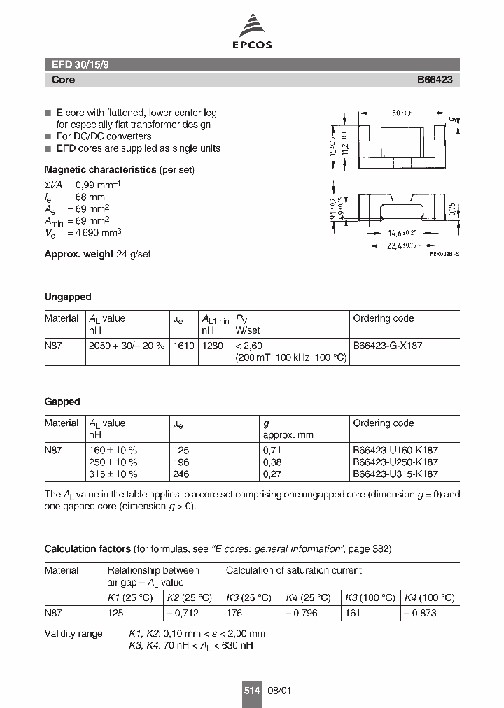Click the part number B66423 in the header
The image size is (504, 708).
435,80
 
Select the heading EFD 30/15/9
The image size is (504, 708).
80,64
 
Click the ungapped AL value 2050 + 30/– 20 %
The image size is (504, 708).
127,346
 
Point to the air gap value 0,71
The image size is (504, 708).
272,451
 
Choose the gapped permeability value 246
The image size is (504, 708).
181,474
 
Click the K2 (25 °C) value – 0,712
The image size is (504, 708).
183,612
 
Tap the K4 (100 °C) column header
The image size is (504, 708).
429,597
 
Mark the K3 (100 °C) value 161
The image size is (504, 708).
353,612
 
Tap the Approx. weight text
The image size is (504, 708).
97,254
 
